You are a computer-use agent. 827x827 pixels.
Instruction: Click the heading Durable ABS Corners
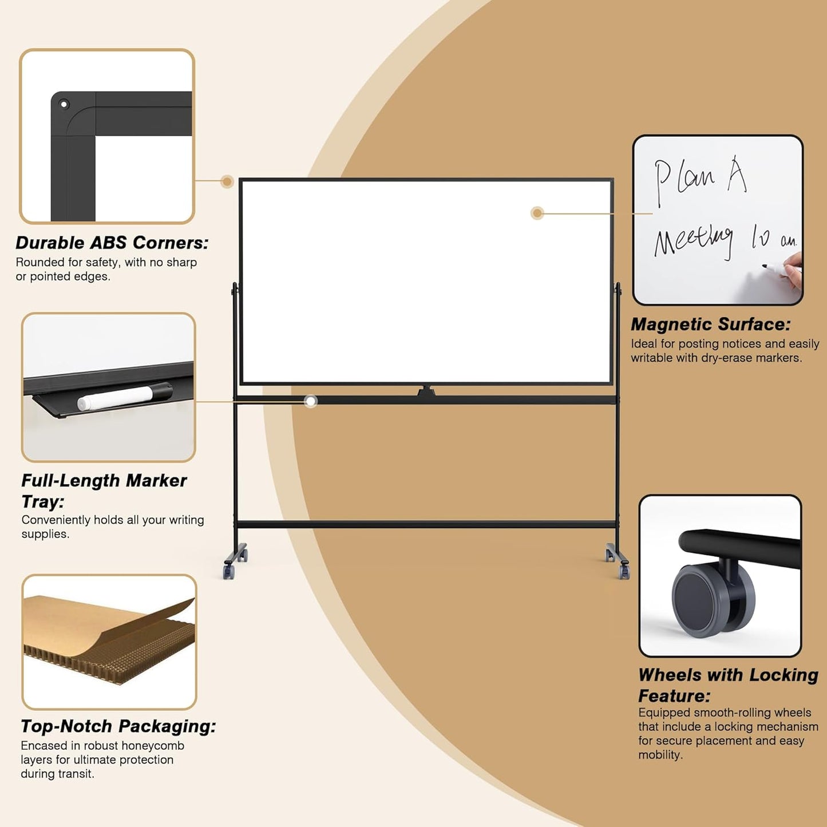pos(112,243)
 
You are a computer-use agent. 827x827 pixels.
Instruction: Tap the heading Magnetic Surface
pos(710,325)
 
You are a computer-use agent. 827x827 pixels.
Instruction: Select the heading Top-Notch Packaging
pos(118,726)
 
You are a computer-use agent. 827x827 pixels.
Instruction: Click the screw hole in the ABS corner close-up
pos(64,104)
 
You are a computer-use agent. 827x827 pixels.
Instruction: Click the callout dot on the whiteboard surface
pos(537,213)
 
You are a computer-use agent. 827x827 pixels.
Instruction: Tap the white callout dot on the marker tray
pos(311,401)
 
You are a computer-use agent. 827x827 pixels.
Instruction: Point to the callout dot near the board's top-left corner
pos(227,182)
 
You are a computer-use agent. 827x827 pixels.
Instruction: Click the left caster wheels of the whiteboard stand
pos(235,564)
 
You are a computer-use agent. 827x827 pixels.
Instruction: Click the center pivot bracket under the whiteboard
pos(426,392)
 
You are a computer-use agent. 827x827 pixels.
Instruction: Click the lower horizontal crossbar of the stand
pos(426,524)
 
